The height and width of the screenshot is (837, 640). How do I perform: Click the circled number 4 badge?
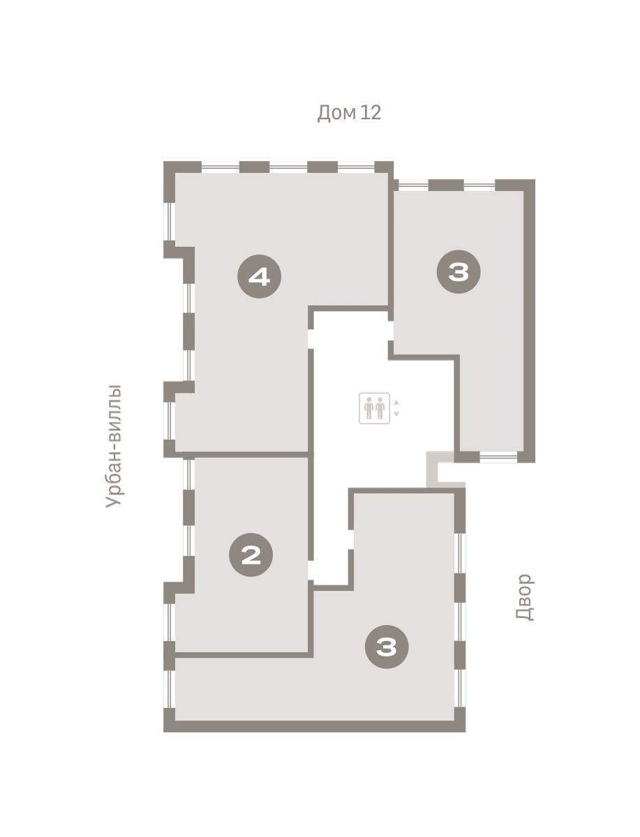click(259, 276)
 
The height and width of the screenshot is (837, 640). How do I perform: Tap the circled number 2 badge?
click(251, 555)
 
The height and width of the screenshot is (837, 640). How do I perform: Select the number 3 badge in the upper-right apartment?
click(459, 272)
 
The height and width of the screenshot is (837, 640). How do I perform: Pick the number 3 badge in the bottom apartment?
click(387, 647)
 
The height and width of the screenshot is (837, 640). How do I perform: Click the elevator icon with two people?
click(374, 408)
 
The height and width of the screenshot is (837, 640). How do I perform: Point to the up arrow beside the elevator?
click(396, 402)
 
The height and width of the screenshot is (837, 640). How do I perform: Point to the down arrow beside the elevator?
click(396, 414)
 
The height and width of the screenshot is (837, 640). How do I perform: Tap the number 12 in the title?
click(371, 112)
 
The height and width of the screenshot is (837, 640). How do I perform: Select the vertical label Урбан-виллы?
click(114, 446)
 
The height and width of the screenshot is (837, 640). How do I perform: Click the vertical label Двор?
click(525, 598)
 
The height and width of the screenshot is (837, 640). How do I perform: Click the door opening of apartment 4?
click(311, 339)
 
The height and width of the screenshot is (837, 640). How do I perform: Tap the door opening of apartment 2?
click(311, 571)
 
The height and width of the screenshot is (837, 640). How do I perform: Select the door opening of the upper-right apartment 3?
click(391, 331)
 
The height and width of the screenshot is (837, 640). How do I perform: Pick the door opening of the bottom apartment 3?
click(351, 540)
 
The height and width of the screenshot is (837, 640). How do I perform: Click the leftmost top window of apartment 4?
click(221, 167)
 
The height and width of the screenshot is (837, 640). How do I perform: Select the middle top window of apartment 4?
click(288, 167)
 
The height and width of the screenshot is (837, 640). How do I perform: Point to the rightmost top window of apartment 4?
click(356, 167)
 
